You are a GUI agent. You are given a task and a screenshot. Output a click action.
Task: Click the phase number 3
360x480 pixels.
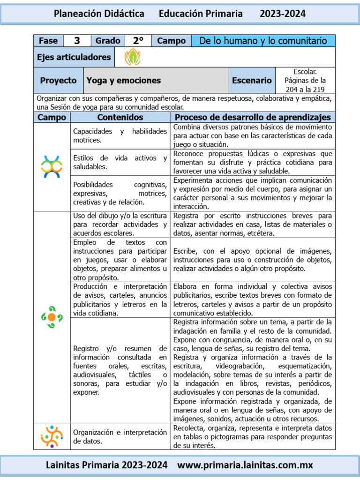77,41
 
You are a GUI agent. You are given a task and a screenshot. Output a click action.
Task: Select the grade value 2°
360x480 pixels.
138,41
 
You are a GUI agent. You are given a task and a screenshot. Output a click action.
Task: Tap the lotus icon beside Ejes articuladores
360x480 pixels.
132,57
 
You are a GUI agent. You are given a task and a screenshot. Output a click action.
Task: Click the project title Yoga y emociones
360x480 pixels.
124,81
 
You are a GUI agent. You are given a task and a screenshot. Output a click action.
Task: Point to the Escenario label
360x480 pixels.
252,81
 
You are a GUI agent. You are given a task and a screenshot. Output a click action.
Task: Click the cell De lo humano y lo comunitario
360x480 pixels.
263,41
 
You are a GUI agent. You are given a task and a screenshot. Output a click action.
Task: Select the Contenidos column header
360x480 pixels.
120,117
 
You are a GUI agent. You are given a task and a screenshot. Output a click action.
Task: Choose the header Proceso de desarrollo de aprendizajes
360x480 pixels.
253,117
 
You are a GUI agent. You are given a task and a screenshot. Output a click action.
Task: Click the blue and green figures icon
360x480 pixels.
52,166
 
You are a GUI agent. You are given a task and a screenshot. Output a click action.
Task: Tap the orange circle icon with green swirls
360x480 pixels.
52,317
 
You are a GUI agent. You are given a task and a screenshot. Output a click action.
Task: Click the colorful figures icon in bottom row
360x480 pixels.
52,436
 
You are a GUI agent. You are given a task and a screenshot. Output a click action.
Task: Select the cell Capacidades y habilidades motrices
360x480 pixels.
120,135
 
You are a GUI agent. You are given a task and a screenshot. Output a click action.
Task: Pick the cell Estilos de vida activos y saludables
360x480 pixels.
120,162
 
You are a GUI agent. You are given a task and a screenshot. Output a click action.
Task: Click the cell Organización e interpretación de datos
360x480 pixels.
120,436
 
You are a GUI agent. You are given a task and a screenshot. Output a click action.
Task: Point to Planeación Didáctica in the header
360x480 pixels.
99,14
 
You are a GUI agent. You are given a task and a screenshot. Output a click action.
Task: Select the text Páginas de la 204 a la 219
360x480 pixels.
305,85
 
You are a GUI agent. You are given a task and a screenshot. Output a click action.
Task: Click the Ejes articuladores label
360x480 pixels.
74,57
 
